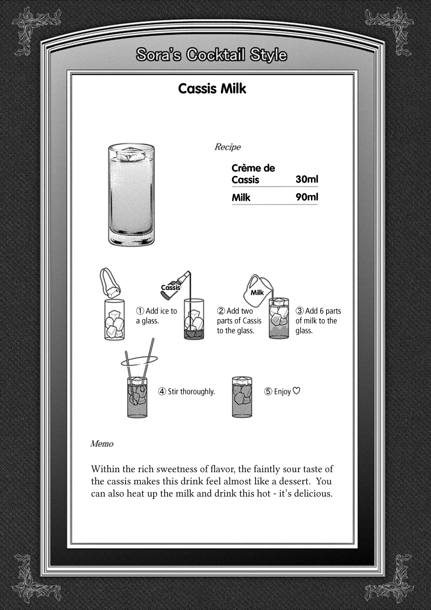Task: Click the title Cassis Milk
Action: pyautogui.click(x=212, y=88)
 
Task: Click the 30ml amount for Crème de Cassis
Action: pyautogui.click(x=306, y=179)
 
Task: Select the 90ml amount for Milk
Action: pyautogui.click(x=306, y=197)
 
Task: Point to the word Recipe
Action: pyautogui.click(x=227, y=147)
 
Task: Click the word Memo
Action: pyautogui.click(x=102, y=443)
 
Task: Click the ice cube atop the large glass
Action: pyautogui.click(x=131, y=152)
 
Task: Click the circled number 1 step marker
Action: pyautogui.click(x=140, y=311)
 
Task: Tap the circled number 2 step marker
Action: pyautogui.click(x=221, y=311)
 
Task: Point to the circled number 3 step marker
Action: pyautogui.click(x=300, y=311)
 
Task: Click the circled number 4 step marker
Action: pyautogui.click(x=162, y=391)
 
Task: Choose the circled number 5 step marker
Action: pyautogui.click(x=268, y=391)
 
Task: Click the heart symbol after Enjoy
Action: pyautogui.click(x=297, y=391)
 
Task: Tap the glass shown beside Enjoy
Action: pyautogui.click(x=242, y=397)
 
